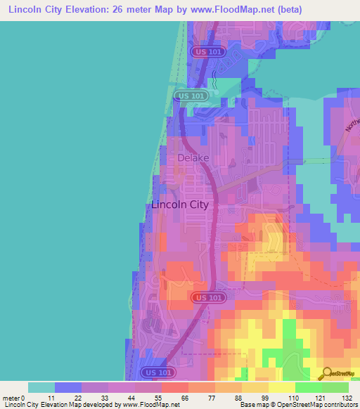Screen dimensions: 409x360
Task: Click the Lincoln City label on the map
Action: coord(180,204)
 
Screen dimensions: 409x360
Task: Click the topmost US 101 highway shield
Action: coord(207,52)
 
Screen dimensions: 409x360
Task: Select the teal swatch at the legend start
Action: coord(41,387)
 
